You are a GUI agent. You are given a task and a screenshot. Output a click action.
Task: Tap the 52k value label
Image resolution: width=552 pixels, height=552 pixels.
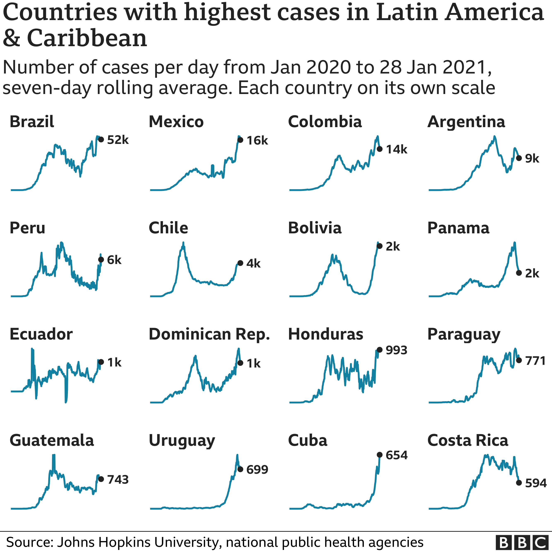(x=118, y=140)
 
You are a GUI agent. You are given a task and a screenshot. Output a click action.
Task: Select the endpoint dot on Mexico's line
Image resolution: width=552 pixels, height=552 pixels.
(x=240, y=140)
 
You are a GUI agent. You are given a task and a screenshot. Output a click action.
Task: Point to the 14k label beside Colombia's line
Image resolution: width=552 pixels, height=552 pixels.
(x=397, y=149)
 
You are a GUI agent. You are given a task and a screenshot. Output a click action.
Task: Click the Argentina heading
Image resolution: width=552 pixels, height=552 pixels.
(x=466, y=122)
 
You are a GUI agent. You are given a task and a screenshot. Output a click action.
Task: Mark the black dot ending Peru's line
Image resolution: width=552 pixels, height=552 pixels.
(x=101, y=259)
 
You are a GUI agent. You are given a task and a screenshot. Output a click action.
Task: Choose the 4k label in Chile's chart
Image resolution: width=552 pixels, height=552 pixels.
(x=253, y=263)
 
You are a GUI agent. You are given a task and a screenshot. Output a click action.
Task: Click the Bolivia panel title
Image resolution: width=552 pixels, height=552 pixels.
(x=315, y=228)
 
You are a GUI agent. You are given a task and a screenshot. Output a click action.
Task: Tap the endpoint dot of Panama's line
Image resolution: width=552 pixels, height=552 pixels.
(x=519, y=273)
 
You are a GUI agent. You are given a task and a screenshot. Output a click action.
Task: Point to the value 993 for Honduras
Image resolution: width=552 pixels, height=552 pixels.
(x=396, y=350)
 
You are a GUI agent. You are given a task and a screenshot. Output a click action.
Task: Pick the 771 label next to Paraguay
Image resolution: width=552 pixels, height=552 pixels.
(x=535, y=360)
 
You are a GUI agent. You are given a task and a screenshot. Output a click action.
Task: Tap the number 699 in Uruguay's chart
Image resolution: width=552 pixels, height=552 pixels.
(x=257, y=469)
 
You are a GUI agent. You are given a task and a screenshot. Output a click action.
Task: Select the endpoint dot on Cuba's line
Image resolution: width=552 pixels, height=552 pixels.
(x=380, y=454)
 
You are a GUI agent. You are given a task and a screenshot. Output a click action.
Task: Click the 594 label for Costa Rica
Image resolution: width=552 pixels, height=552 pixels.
(x=536, y=483)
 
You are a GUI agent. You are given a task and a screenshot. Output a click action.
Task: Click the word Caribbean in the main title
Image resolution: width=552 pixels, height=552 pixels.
(x=87, y=38)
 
